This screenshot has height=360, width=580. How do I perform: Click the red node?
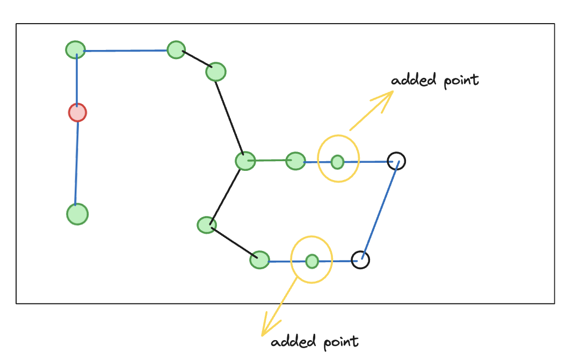[77, 113]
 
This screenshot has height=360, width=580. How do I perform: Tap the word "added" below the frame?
[293, 342]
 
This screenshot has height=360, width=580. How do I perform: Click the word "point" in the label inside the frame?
[460, 81]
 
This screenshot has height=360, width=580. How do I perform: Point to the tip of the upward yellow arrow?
[393, 91]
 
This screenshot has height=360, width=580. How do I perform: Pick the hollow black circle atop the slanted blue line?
[396, 160]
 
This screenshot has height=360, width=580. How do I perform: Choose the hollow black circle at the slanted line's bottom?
[360, 260]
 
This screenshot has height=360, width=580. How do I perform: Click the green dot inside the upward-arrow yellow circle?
[337, 161]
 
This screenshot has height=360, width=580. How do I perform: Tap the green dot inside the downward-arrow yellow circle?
[312, 262]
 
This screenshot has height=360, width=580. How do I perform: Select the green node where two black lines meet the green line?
[245, 161]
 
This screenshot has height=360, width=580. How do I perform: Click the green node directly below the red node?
[77, 214]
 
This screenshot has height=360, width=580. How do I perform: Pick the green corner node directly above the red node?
[76, 50]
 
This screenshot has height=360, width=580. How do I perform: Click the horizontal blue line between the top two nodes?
[126, 51]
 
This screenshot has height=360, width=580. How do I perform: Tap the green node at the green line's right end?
[295, 160]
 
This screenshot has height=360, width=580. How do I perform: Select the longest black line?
[230, 115]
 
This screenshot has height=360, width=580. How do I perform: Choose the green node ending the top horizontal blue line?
[176, 50]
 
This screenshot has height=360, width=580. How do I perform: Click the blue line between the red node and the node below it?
[77, 164]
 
